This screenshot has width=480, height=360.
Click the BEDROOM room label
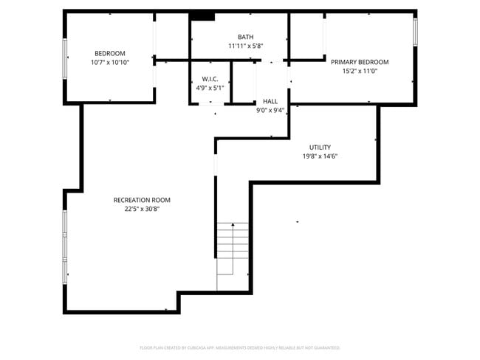[x=109, y=53]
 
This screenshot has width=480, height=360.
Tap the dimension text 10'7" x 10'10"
[x=109, y=63]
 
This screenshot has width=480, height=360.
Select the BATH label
[x=245, y=37]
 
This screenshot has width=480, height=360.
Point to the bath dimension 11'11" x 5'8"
[x=245, y=46]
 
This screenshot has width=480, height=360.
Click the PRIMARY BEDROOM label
[x=360, y=62]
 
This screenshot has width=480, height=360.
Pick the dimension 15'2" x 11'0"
[x=360, y=72]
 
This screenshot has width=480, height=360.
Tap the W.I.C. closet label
[x=210, y=78]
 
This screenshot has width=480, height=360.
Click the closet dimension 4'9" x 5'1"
[x=210, y=87]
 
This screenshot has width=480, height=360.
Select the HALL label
[x=270, y=101]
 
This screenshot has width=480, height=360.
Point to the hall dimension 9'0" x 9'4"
[x=270, y=110]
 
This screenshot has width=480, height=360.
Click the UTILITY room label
[x=320, y=147]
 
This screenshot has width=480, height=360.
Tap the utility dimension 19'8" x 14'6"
[x=320, y=156]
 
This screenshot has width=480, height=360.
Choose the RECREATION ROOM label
[x=142, y=200]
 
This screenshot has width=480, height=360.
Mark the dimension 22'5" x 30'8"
[x=142, y=209]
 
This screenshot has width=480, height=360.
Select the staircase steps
[x=233, y=255]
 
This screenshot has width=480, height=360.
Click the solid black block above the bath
[x=202, y=16]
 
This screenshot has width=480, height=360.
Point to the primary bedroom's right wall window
[x=415, y=31]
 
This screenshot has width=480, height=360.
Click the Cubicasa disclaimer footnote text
[x=240, y=347]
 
